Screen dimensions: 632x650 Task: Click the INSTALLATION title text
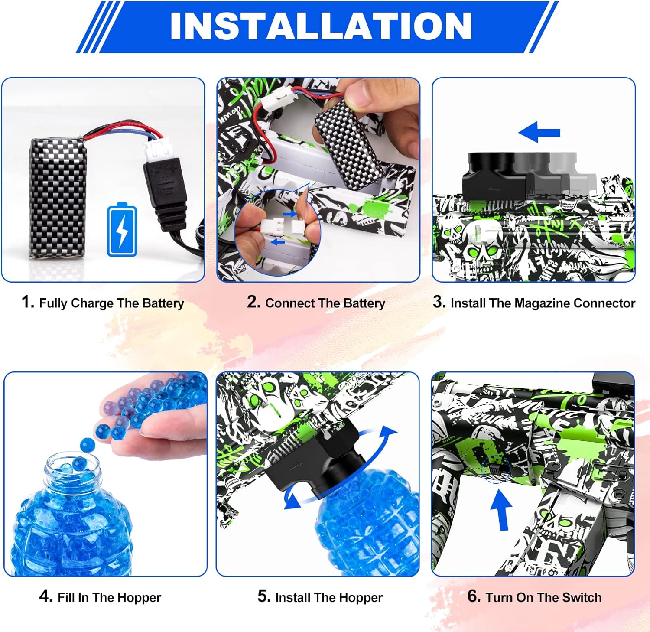[x=321, y=26]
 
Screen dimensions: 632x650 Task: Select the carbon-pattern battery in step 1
[x=56, y=197]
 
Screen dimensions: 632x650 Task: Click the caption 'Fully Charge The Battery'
[x=111, y=303]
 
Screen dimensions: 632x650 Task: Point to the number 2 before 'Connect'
[x=253, y=302]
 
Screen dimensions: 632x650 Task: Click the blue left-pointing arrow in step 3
[x=539, y=132]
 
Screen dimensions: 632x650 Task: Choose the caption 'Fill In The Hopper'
[x=109, y=597]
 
